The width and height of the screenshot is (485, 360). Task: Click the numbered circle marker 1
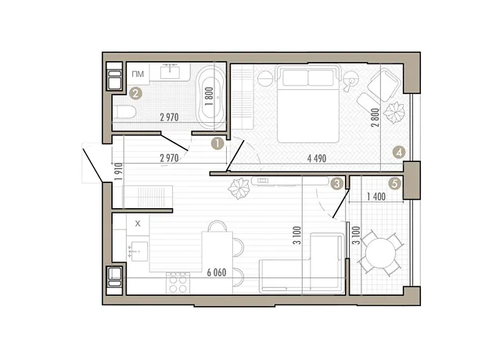217,144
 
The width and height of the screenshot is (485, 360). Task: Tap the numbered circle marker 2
135,93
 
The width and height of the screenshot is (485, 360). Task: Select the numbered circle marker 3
337,184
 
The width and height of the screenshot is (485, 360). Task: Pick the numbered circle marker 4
399,153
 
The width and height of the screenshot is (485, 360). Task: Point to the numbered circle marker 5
395,184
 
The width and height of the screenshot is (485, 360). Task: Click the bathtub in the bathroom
211,96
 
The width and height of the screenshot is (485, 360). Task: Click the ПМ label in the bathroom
138,74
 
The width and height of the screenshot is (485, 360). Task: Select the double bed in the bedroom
308,104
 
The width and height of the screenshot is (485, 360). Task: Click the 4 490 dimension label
317,159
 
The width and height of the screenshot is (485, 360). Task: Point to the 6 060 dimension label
217,272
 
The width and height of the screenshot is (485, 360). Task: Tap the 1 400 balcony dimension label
376,196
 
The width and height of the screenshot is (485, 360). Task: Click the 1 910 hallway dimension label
118,171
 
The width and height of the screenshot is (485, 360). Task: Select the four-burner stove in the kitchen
178,283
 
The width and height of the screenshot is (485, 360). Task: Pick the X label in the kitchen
138,224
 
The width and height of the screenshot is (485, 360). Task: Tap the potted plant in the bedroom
394,113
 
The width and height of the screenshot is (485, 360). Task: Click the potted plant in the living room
239,188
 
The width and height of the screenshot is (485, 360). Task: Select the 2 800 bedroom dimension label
375,117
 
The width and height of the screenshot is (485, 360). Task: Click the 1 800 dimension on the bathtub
210,96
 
